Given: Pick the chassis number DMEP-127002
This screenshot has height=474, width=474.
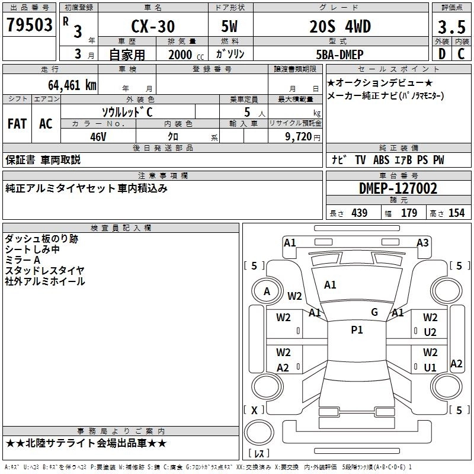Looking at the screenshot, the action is (x=398, y=188).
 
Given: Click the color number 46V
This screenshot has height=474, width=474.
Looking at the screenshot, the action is (x=98, y=136).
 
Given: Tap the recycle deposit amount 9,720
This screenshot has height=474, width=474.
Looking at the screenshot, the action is (x=299, y=136).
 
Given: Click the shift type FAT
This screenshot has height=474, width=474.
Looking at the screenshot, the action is (x=17, y=124).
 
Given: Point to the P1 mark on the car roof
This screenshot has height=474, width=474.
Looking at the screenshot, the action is (x=357, y=330).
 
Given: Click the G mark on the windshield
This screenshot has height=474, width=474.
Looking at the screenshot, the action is (x=374, y=312).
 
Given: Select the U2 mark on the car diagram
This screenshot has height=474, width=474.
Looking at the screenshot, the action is (x=430, y=332).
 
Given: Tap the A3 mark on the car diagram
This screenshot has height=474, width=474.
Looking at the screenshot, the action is (x=422, y=242).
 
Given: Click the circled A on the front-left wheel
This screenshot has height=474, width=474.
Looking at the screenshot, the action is (x=267, y=291).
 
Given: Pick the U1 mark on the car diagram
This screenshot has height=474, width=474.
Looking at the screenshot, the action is (x=430, y=367).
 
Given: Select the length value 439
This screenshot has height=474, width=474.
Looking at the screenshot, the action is (x=359, y=213).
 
